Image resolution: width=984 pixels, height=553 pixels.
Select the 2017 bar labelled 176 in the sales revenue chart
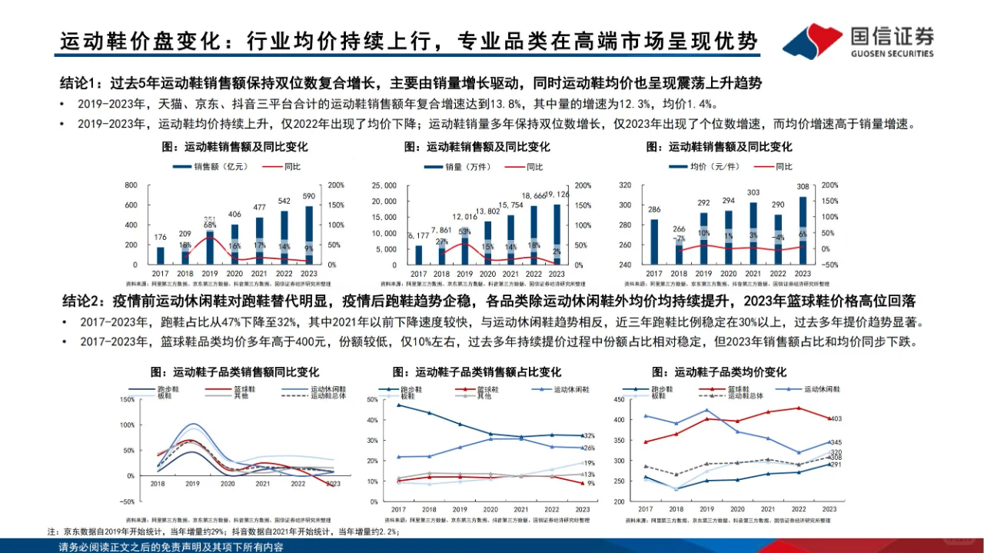[161, 255]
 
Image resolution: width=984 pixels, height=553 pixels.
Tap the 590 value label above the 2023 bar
[309, 196]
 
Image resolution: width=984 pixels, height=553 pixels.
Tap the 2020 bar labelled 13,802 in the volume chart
[487, 242]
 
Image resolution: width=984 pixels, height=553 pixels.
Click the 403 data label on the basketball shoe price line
[837, 419]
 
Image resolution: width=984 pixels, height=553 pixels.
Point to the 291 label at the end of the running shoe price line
[837, 465]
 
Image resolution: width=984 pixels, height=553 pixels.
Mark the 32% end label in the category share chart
[590, 436]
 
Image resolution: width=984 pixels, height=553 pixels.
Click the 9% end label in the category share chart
[590, 483]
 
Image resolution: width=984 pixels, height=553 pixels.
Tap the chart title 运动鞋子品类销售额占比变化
[477, 372]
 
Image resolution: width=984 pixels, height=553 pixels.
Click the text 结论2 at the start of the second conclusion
[80, 301]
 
